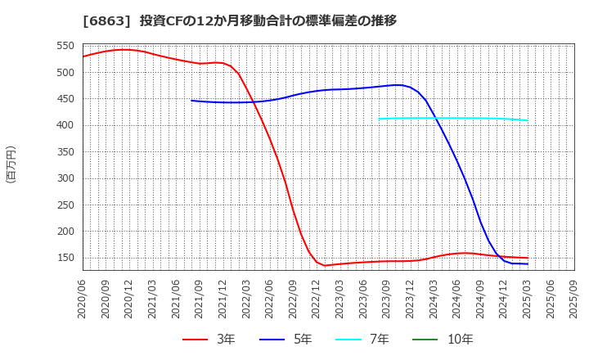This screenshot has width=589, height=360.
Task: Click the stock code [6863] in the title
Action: (x=106, y=21)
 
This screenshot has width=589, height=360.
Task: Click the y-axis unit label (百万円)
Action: (x=11, y=164)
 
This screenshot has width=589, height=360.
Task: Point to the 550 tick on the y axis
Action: (x=66, y=47)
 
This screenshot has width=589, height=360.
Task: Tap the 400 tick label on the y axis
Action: (x=66, y=126)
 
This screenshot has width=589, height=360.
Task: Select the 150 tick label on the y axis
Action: (x=66, y=258)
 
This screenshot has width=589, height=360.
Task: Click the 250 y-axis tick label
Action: (x=66, y=205)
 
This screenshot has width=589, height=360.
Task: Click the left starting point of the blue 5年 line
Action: (x=191, y=101)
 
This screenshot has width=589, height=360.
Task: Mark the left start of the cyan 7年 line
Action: (x=379, y=119)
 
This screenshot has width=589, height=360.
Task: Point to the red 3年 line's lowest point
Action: (x=325, y=265)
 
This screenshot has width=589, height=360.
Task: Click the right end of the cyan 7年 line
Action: (x=528, y=120)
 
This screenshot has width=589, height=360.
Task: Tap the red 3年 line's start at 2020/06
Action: (x=83, y=56)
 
